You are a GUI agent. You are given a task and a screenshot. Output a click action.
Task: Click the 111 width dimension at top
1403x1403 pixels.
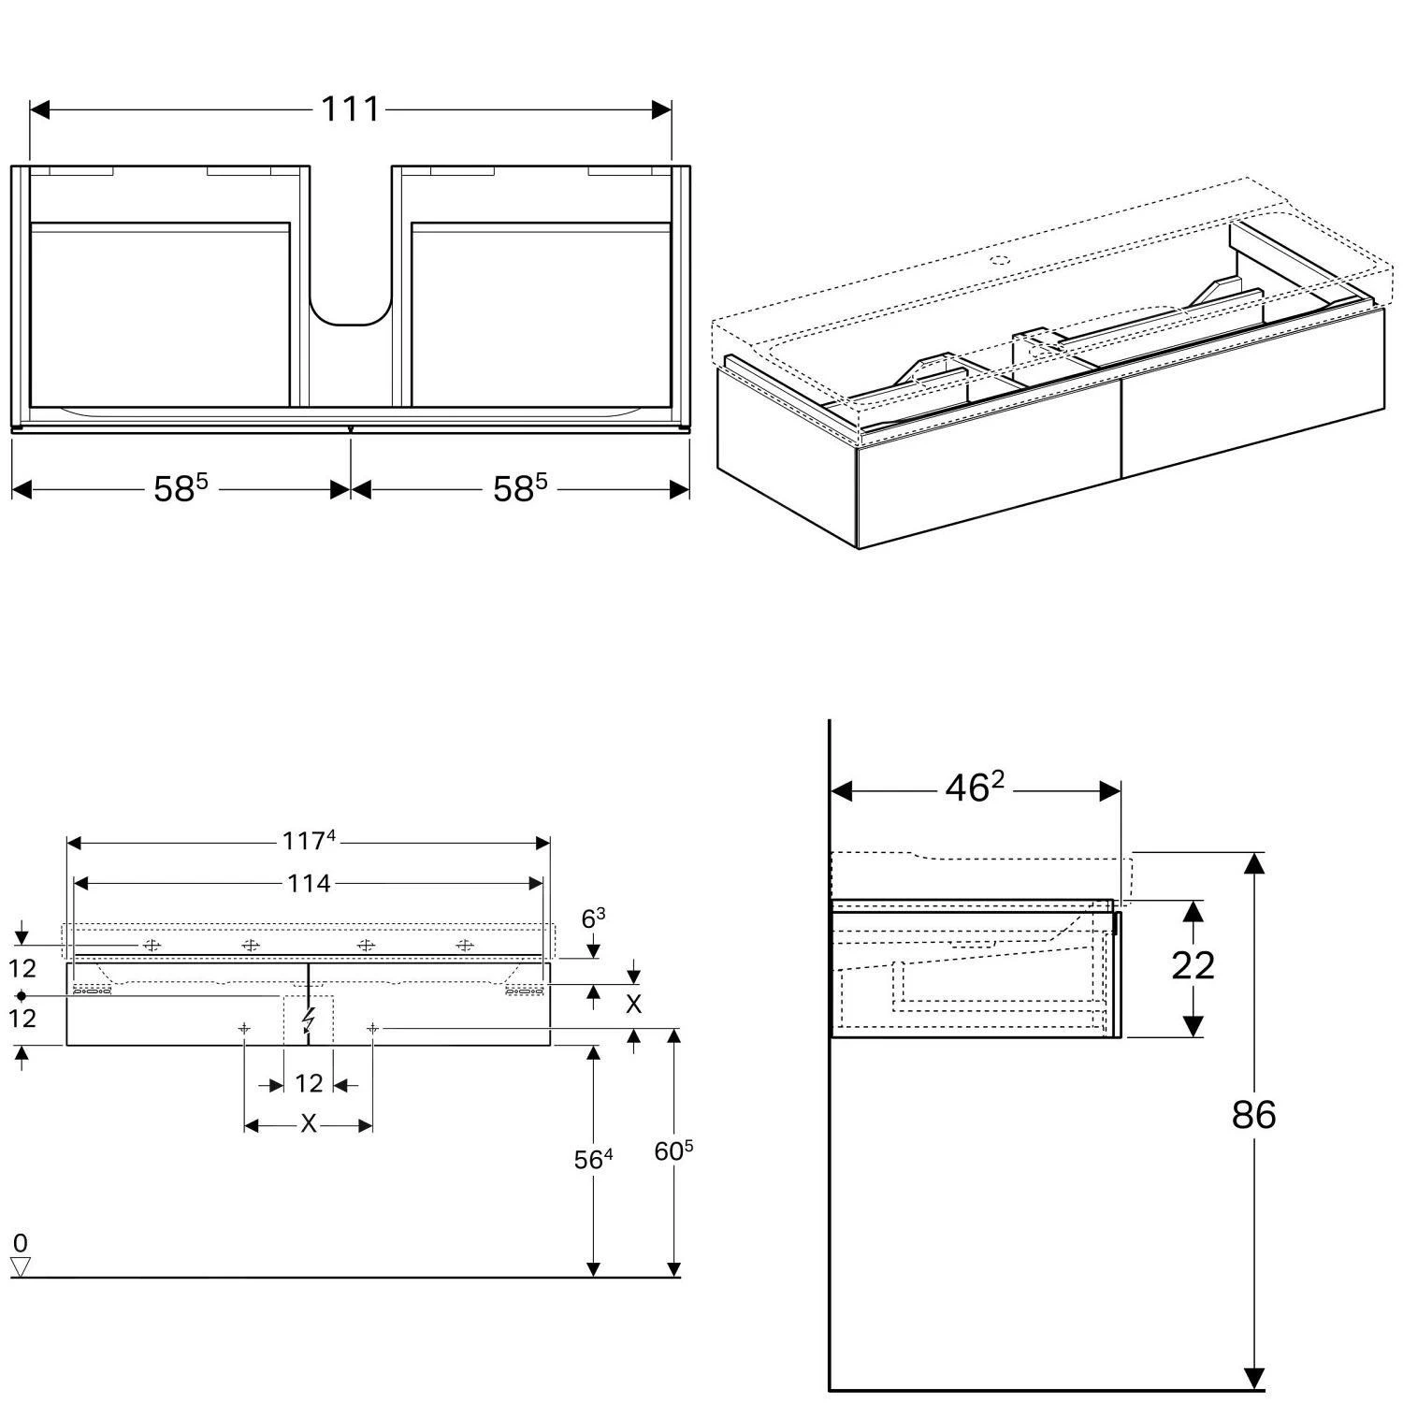(351, 109)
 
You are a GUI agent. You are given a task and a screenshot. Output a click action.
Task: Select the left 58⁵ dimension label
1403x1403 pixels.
(180, 488)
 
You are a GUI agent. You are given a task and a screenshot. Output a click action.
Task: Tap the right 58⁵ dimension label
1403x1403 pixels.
(519, 488)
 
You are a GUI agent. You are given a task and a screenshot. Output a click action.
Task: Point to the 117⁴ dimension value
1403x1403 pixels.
(309, 842)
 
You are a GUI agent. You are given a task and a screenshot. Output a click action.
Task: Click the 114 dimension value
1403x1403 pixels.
(309, 883)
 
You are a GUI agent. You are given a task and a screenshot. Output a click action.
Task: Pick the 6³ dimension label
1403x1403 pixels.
(593, 919)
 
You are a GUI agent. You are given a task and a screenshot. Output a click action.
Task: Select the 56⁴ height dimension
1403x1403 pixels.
(593, 1160)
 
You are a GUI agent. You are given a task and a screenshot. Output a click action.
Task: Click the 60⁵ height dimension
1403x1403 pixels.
(673, 1151)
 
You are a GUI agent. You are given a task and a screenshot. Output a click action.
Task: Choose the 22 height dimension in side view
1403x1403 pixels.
(1193, 965)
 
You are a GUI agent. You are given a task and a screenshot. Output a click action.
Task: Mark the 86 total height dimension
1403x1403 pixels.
(1253, 1115)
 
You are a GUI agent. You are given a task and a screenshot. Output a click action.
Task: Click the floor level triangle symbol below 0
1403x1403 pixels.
(21, 1266)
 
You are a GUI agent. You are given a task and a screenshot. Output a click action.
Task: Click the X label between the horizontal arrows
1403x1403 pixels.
(309, 1124)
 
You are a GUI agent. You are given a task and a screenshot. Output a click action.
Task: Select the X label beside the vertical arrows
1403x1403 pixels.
(633, 1005)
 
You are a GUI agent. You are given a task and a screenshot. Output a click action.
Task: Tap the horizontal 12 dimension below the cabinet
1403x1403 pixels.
(309, 1084)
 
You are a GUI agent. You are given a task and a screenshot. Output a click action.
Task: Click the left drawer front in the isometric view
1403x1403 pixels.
(988, 496)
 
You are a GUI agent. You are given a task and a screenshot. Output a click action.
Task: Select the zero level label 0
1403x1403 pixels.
(21, 1243)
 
